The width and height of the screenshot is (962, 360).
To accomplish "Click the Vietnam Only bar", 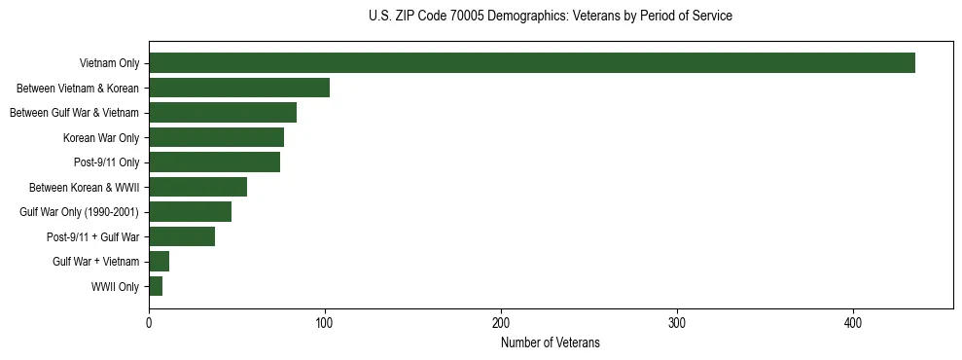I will click(531, 63).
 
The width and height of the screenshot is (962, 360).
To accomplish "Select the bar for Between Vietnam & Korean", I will click(239, 88).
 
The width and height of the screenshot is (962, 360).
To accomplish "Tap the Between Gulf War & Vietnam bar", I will click(223, 113).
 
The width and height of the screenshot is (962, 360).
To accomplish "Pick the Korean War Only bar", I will click(216, 137).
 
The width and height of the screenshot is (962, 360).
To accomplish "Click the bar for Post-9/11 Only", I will click(214, 162).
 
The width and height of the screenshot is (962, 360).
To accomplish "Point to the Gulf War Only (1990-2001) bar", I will click(190, 212).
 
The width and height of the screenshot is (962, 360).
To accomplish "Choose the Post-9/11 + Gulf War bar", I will click(182, 236).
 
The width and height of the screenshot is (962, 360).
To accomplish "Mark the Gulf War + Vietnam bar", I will click(159, 262).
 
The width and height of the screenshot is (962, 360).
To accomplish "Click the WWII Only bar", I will click(156, 286).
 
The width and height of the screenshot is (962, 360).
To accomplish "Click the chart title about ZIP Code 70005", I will click(551, 17).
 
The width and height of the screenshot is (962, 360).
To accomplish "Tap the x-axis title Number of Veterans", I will click(551, 343).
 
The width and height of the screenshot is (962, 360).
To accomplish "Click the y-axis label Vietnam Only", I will click(109, 64).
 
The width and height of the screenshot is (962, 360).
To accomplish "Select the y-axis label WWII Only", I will click(115, 287).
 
